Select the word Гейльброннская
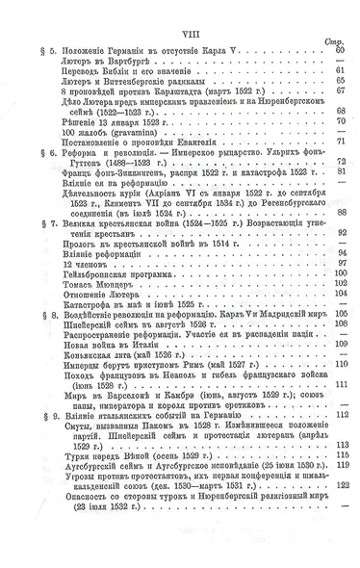(x=90, y=271)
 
